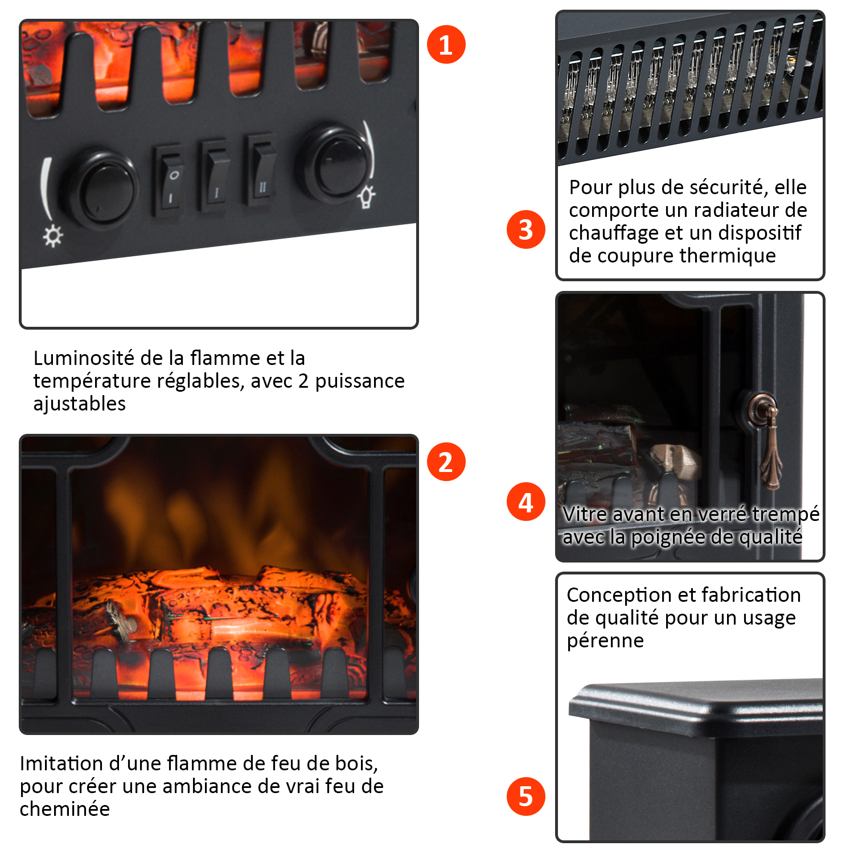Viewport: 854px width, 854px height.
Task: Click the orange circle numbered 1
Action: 446,44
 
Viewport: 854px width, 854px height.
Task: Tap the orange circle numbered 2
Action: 446,462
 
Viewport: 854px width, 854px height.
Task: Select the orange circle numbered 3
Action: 526,229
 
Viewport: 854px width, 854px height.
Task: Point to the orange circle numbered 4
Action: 526,502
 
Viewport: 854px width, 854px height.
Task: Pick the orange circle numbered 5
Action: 526,796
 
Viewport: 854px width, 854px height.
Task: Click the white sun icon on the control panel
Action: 54,236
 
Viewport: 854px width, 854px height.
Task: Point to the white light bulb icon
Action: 367,196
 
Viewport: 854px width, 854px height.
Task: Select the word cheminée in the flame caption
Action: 65,809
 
